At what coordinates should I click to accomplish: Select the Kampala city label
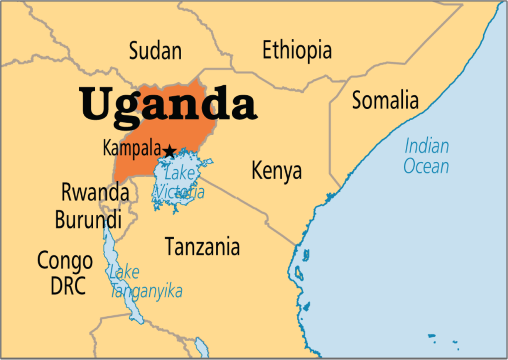coord(131,148)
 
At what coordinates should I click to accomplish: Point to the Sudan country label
coord(155,51)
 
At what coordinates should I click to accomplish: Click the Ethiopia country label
coord(297,50)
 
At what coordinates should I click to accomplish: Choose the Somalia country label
coord(385,100)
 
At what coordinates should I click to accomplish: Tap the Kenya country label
coord(276,171)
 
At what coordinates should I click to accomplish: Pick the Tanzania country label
coord(202,246)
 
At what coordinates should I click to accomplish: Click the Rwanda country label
coord(95,193)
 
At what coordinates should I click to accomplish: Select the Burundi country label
coord(88,219)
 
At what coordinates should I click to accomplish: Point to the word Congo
coord(65,261)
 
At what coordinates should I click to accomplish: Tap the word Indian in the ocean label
coord(427,146)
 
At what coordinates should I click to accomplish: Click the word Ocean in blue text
coord(426,166)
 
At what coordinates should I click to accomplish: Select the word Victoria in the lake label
coord(179,192)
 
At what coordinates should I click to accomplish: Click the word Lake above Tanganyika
coord(124,272)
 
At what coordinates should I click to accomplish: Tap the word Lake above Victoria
coord(180,174)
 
